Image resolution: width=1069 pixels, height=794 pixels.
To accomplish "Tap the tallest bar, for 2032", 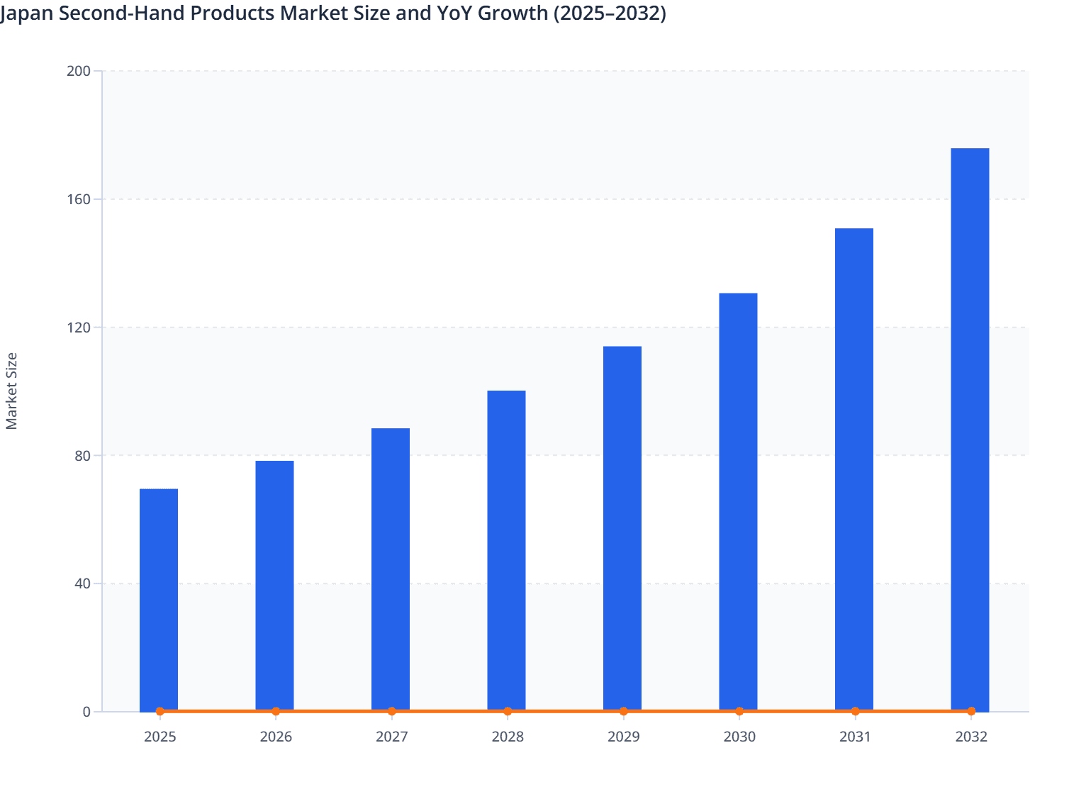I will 970,429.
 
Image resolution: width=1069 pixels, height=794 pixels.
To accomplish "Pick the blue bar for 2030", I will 738,501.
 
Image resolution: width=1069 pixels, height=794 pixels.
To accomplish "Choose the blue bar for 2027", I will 391,569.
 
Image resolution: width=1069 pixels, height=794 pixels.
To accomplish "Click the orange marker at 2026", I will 276,711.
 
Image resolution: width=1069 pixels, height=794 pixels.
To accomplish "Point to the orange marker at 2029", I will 623,711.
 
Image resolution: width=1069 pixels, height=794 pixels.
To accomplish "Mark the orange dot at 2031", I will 855,711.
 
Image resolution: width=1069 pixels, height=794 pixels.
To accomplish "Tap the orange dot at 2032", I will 970,711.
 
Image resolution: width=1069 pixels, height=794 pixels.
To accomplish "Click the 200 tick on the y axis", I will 79,71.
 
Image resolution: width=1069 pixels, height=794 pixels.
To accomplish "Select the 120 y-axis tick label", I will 79,328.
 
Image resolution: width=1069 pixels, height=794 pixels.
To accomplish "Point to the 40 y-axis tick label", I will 82,583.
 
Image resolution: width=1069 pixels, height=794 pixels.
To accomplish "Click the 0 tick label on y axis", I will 86,712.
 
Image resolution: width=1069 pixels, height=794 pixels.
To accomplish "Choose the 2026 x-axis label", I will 276,737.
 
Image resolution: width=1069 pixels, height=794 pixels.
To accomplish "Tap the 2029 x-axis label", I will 623,737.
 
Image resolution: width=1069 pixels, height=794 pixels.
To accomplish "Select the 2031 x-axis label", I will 855,737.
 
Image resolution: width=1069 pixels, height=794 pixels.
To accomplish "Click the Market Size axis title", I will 12,391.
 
